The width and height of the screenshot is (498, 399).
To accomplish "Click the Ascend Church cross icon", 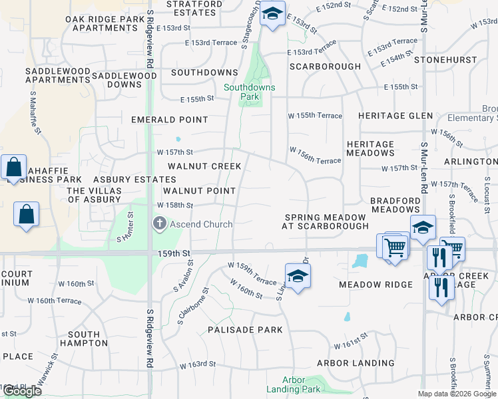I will [159, 223].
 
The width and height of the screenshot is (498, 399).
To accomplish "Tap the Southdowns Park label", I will [250, 92].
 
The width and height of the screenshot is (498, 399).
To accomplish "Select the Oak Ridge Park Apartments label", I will [105, 23].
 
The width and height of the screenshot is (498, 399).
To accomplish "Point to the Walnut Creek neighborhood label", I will [204, 166].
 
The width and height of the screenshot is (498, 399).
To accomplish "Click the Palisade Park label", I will [245, 330].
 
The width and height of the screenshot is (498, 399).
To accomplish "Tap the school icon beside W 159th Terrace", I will [298, 275].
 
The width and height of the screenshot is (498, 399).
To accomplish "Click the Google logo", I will [22, 391].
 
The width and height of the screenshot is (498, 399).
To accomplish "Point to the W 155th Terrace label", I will [315, 116].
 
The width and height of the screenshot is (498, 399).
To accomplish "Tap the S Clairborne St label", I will [192, 305].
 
